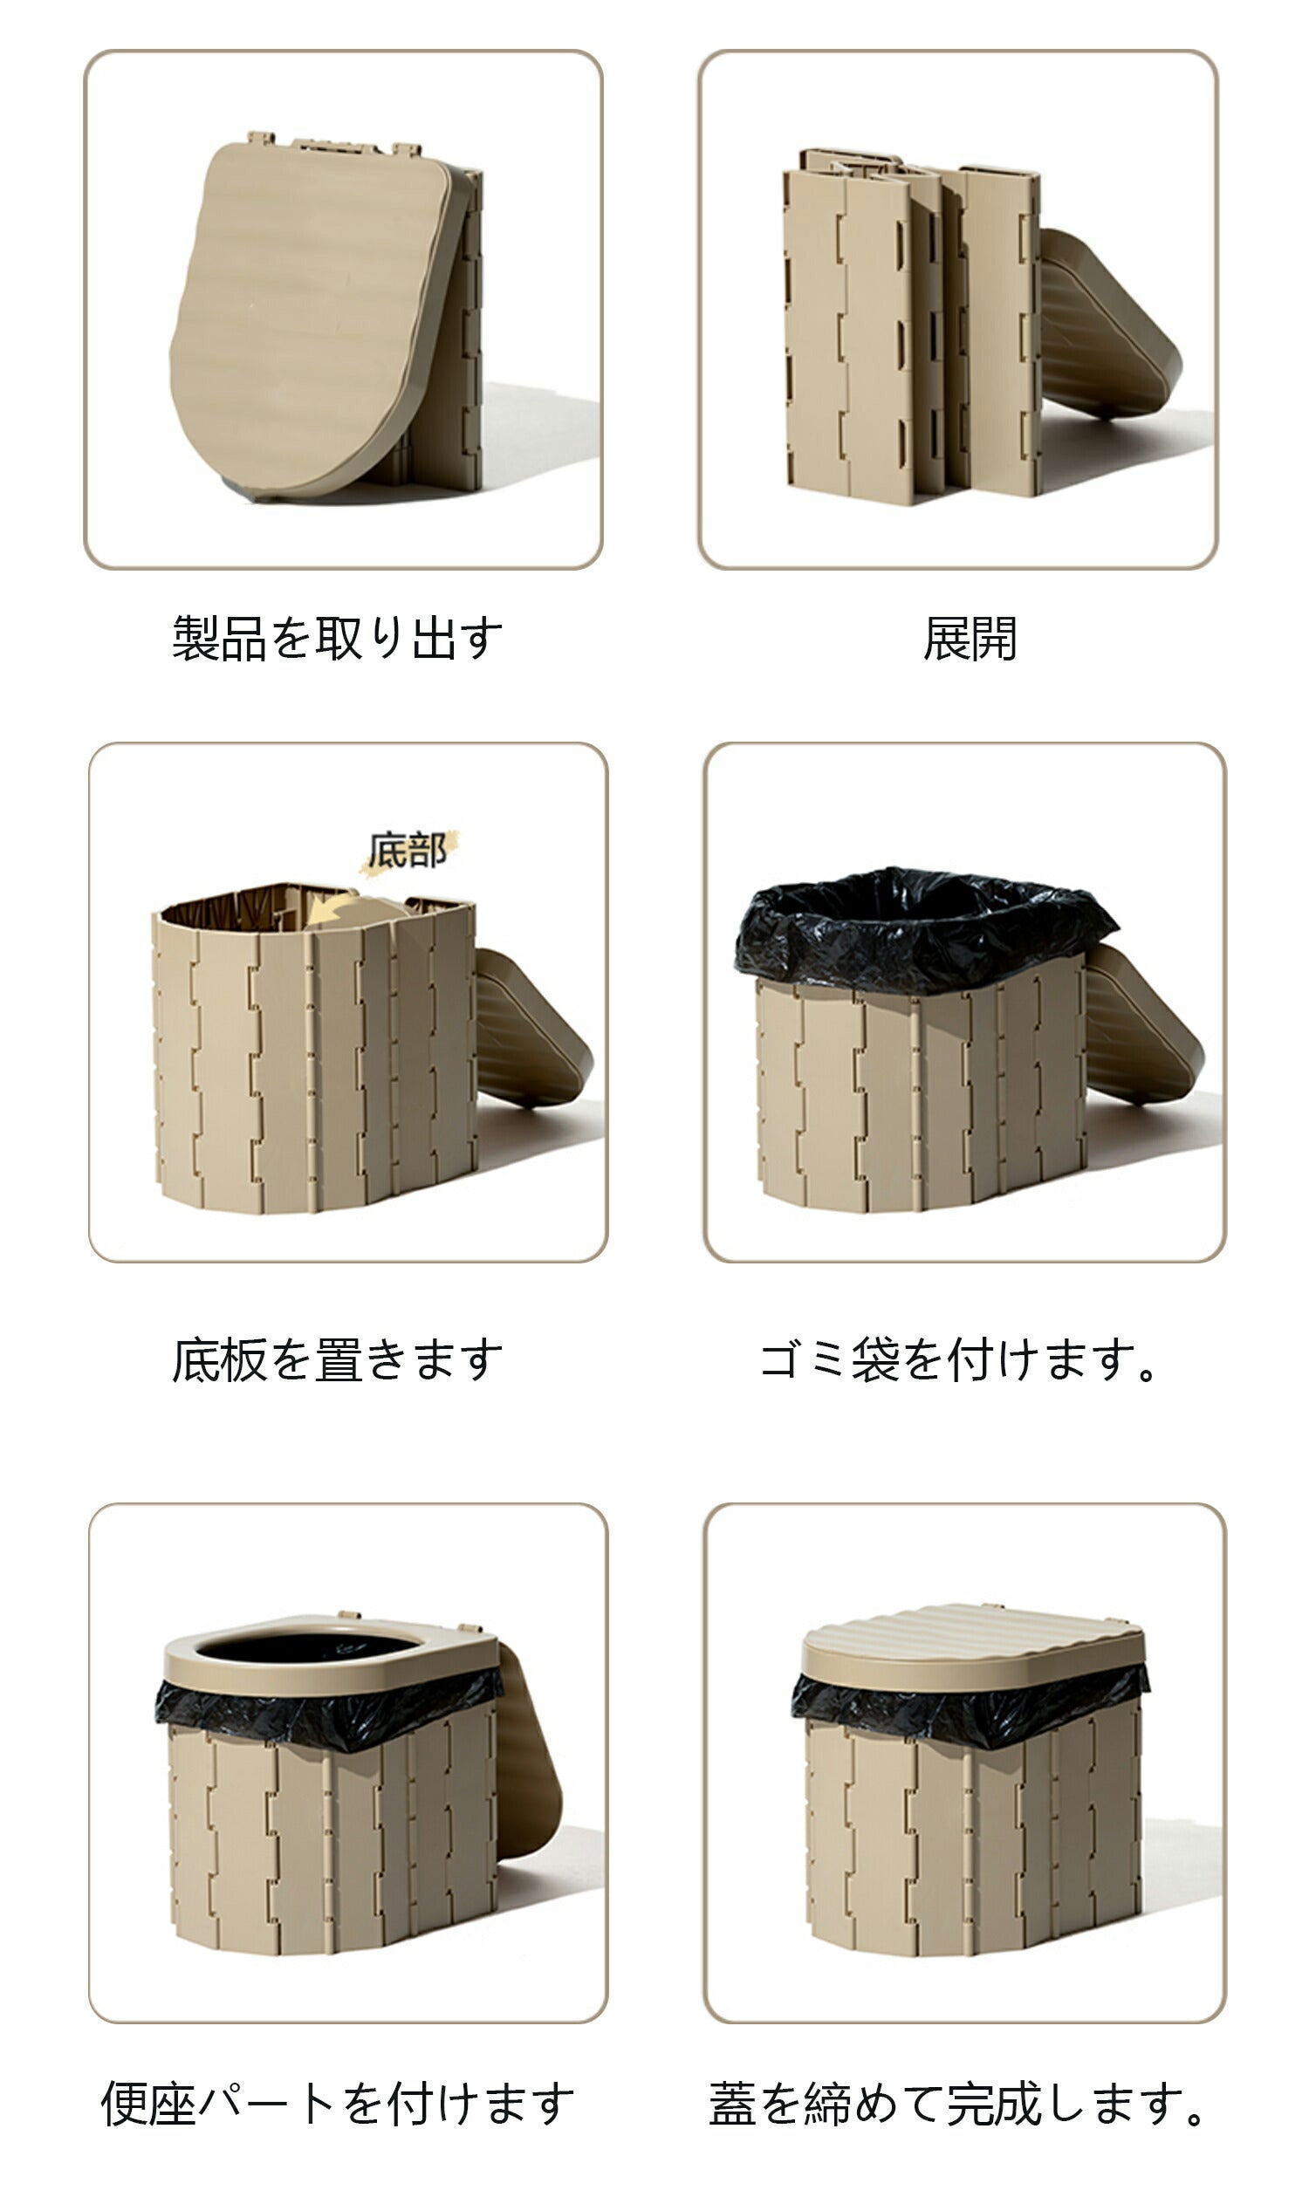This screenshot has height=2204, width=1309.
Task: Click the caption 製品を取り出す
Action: click(x=337, y=638)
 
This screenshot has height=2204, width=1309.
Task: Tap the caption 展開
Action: click(x=970, y=638)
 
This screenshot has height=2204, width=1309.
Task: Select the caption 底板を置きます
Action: click(x=337, y=1359)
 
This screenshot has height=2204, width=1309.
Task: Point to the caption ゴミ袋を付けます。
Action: click(x=959, y=1359)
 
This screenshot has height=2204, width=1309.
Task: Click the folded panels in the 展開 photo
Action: click(x=911, y=326)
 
